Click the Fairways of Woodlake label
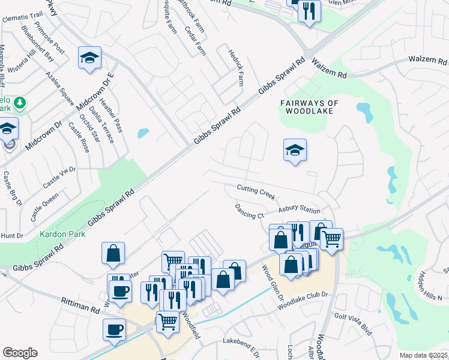(310, 107)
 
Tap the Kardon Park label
(62, 234)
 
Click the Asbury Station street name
(299, 210)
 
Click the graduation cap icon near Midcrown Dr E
(89, 58)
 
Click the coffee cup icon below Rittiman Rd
(114, 329)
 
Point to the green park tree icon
(20, 103)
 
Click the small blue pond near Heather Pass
(143, 133)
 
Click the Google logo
(20, 353)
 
